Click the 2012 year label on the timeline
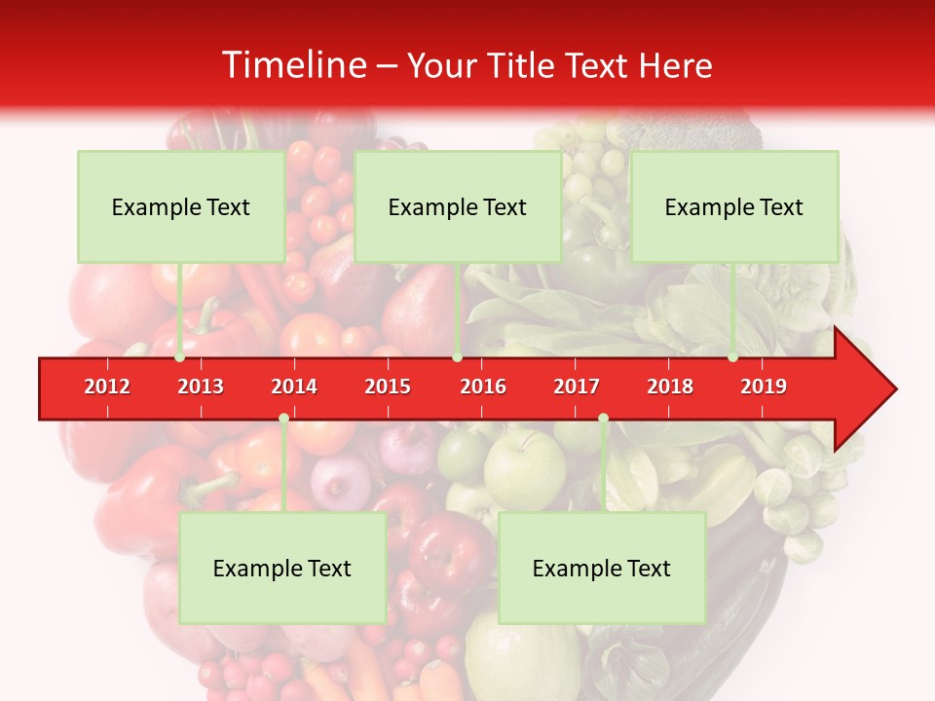pyautogui.click(x=107, y=387)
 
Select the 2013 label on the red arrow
pyautogui.click(x=201, y=387)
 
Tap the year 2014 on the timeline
pyautogui.click(x=294, y=387)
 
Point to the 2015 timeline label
pyautogui.click(x=388, y=387)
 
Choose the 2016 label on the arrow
pyautogui.click(x=483, y=387)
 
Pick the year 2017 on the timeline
pyautogui.click(x=577, y=387)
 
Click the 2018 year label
pyautogui.click(x=670, y=387)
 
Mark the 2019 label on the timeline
pyautogui.click(x=764, y=387)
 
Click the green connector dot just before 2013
pyautogui.click(x=180, y=357)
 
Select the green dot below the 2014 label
pyautogui.click(x=283, y=419)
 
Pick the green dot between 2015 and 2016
pyautogui.click(x=457, y=357)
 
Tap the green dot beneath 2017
pyautogui.click(x=603, y=419)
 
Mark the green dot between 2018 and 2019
pyautogui.click(x=732, y=357)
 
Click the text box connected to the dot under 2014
pyautogui.click(x=282, y=568)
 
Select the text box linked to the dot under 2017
pyautogui.click(x=602, y=568)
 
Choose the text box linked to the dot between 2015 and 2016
pyautogui.click(x=458, y=206)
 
